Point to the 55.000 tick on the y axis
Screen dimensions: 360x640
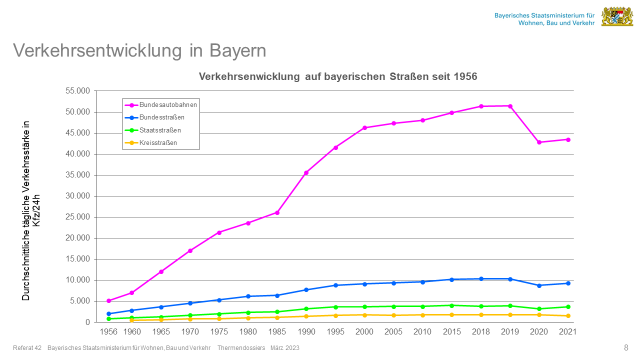(76, 90)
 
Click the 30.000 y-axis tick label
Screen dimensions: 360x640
(76, 196)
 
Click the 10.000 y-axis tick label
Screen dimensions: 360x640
(76, 280)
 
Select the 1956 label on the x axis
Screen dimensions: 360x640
(109, 331)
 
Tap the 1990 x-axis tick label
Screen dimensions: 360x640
(307, 331)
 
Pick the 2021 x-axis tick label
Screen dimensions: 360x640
(567, 331)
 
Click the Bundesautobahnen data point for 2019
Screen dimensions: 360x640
(510, 106)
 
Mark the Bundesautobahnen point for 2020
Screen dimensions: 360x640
(539, 142)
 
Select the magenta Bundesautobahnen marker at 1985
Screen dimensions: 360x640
(278, 212)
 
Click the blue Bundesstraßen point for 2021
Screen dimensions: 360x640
(568, 283)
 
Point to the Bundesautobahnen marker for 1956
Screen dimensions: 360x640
(109, 300)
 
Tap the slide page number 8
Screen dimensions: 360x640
(626, 347)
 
